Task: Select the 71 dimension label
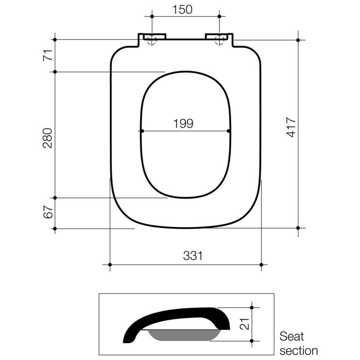pos(48,55)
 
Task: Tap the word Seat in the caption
pos(292,337)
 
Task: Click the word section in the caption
pos(298,350)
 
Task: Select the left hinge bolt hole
pos(152,39)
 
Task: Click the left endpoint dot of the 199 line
pos(142,131)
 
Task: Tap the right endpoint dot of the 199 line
pos(229,131)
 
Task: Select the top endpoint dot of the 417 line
pos(298,40)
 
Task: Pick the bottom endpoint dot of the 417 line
pos(298,228)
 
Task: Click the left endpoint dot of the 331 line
pos(110,265)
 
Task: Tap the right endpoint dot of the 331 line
pos(261,265)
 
